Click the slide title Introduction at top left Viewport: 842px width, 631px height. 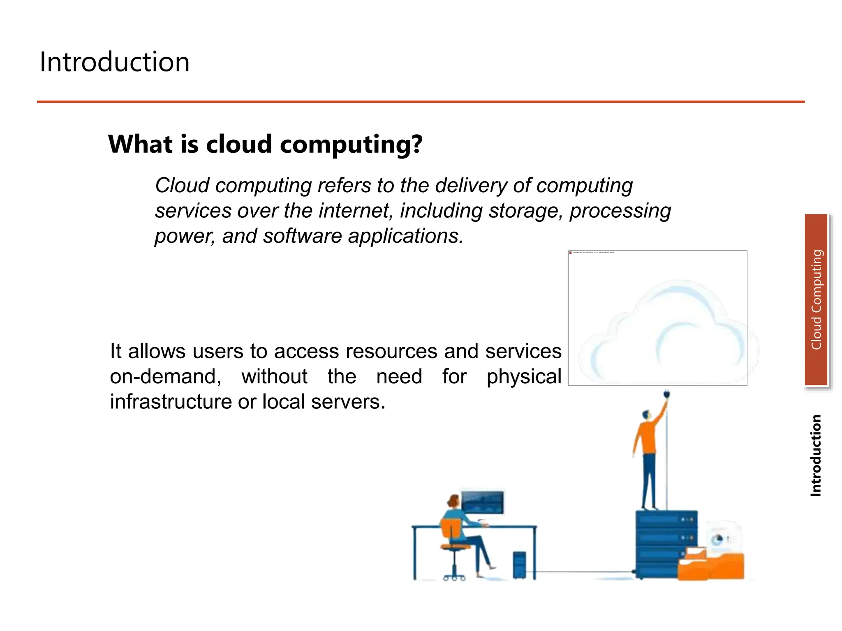[x=114, y=62]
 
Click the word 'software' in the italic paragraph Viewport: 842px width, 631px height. [x=302, y=236]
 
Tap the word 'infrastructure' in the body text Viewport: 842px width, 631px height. [x=170, y=402]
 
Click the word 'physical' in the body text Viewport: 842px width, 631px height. [x=523, y=377]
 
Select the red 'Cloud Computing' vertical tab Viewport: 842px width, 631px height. [x=816, y=299]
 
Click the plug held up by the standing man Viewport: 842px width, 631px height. [x=666, y=395]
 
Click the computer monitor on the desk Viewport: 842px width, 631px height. [x=482, y=502]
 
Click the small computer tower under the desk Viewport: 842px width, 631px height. [x=519, y=565]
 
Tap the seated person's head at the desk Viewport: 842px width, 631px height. [x=453, y=502]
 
